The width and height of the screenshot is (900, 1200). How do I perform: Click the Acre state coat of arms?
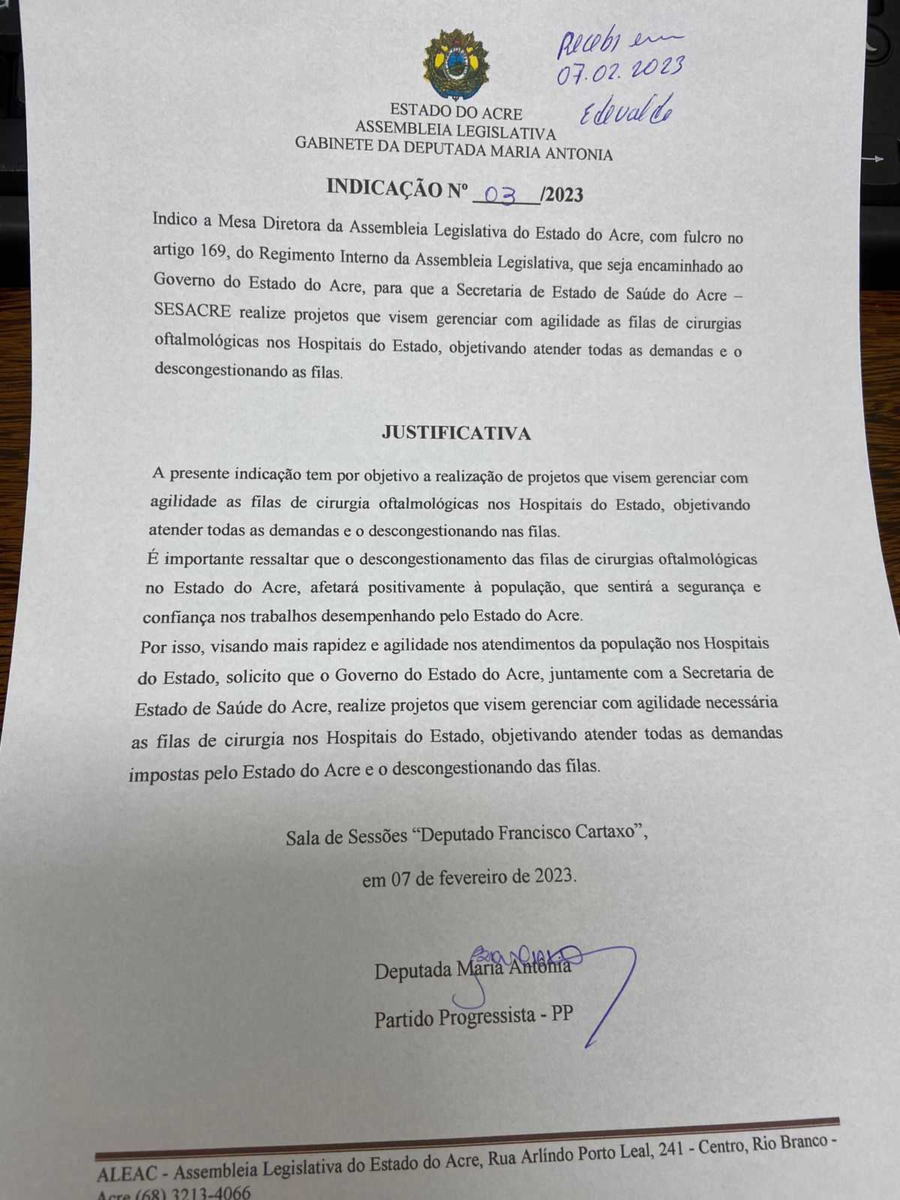click(456, 64)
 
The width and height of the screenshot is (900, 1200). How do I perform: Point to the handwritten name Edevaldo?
click(626, 111)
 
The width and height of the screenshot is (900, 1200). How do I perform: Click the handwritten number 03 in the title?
click(500, 195)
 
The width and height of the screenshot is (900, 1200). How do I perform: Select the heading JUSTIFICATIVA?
click(456, 433)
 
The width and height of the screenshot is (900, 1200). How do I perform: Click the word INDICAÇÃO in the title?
click(385, 189)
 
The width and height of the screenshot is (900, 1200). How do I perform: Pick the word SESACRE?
click(192, 310)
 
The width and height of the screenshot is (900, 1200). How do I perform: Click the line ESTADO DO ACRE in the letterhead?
click(456, 113)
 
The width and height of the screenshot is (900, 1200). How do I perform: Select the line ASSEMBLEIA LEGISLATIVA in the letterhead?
click(455, 133)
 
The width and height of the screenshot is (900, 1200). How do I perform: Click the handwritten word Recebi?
click(589, 43)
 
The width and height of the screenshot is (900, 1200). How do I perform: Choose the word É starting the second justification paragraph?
click(153, 558)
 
